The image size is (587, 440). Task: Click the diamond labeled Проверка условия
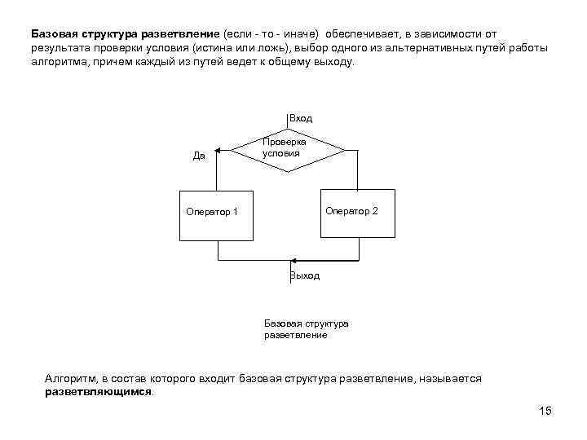pyautogui.click(x=289, y=149)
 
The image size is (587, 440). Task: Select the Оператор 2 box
pyautogui.click(x=357, y=213)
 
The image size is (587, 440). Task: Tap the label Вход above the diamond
pyautogui.click(x=301, y=119)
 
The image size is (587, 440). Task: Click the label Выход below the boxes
pyautogui.click(x=305, y=276)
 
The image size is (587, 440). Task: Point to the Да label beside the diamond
pyautogui.click(x=199, y=156)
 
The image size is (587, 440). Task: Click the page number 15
pyautogui.click(x=545, y=411)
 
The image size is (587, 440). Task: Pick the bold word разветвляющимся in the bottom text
pyautogui.click(x=98, y=392)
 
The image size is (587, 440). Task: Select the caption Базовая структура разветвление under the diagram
pyautogui.click(x=306, y=329)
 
